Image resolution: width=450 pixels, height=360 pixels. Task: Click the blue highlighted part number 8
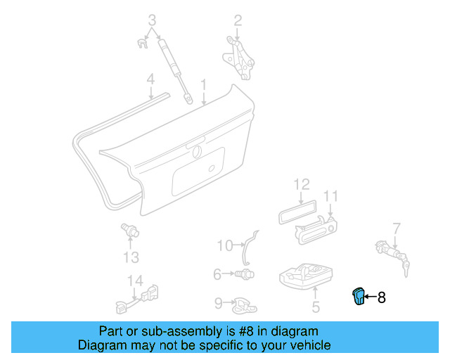(359, 297)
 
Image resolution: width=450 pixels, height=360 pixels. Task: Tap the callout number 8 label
(382, 298)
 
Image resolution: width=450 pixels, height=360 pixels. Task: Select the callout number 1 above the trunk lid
(203, 85)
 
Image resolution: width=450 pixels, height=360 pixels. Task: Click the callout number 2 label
(238, 20)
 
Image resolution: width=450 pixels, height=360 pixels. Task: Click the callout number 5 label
(316, 307)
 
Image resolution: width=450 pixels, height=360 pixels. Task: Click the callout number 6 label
(217, 273)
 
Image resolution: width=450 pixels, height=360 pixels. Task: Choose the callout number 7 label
(397, 227)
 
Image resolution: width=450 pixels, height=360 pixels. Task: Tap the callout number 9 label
(218, 303)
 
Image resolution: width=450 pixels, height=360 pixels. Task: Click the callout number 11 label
(331, 195)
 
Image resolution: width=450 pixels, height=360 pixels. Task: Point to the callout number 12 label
(301, 184)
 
